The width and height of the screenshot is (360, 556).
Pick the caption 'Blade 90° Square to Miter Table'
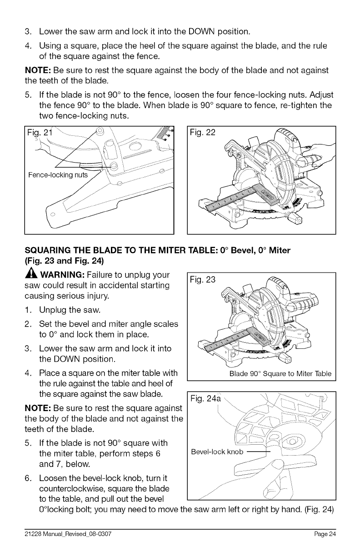[280, 375]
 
